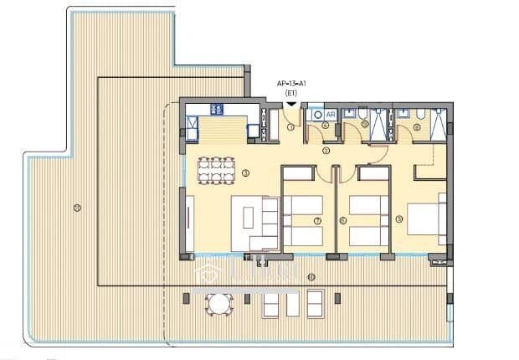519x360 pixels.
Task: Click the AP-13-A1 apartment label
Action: click(x=290, y=84)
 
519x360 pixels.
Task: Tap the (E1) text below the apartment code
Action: click(x=290, y=93)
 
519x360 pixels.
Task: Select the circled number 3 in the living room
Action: click(x=245, y=173)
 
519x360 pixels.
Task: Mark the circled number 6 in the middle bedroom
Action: click(x=343, y=220)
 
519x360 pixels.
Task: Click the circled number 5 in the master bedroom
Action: click(x=399, y=219)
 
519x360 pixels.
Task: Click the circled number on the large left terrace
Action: click(x=76, y=207)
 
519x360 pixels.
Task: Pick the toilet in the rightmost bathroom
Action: click(x=421, y=114)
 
